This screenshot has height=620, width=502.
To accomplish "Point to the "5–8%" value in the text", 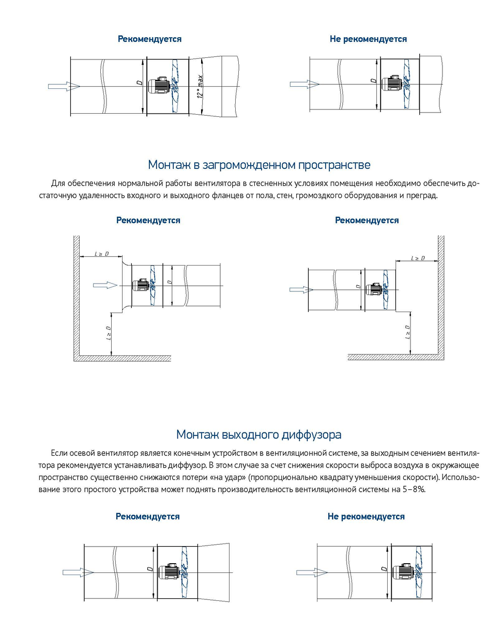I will click(413, 489).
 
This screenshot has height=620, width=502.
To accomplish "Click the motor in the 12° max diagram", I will click(158, 86).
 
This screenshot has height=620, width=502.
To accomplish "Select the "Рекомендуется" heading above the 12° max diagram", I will click(150, 39).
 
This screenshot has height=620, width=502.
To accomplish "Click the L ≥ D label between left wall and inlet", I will click(101, 254).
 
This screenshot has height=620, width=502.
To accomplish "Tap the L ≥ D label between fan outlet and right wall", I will click(418, 257).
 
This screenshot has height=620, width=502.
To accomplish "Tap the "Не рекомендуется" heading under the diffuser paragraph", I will click(366, 517).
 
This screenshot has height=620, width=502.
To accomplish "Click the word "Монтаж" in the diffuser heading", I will click(198, 434).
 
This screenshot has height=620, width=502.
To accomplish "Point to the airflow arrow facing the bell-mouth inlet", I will click(105, 285).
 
